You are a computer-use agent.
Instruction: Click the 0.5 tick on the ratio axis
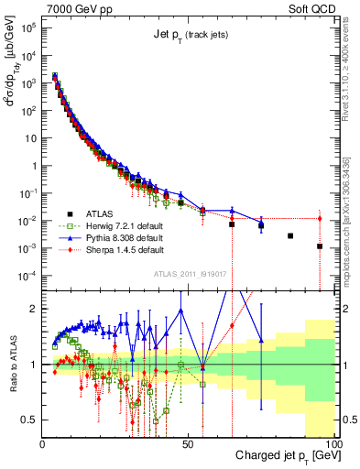click(x=30, y=420)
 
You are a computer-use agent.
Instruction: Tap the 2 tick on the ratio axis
click(x=35, y=309)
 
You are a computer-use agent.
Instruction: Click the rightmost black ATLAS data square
click(x=320, y=246)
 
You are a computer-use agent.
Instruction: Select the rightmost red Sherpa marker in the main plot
click(x=320, y=218)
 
